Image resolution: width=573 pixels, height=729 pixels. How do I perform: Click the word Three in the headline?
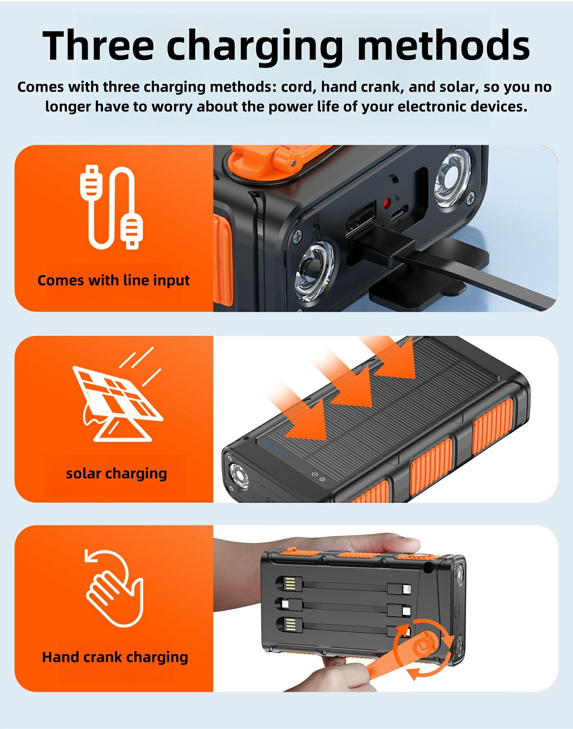coord(98,46)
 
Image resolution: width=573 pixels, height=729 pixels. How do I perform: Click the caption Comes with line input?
coord(113,280)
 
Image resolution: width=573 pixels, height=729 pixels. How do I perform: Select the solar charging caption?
coord(116,473)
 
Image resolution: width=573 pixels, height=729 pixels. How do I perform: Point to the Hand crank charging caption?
coord(115,657)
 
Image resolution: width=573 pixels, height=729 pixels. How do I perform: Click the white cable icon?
coord(111,207)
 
